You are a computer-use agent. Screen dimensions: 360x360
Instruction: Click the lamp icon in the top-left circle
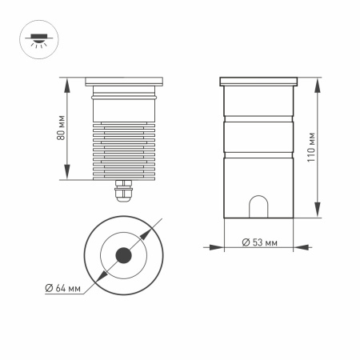(37, 40)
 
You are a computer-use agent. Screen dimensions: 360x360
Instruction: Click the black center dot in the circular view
(124, 255)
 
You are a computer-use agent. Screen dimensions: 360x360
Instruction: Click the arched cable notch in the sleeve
(258, 207)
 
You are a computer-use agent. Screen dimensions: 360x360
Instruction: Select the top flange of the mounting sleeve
(258, 81)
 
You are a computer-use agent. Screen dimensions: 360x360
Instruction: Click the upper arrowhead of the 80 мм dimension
(66, 81)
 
